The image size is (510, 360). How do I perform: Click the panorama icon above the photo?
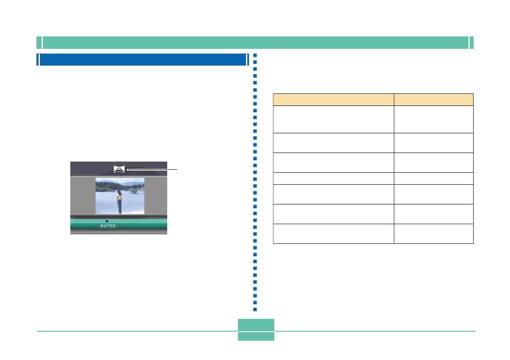coord(120,169)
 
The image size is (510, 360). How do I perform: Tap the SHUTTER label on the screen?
coord(108,226)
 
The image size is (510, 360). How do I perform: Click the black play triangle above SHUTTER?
coord(107,221)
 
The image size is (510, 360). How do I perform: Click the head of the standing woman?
coord(120,193)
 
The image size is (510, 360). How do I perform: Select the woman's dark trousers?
coord(120,207)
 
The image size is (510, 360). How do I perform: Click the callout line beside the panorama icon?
coord(152,169)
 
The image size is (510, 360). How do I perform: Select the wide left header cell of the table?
coord(333,99)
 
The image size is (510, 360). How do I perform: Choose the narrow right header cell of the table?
coord(433,99)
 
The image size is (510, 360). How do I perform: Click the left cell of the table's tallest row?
coord(333,119)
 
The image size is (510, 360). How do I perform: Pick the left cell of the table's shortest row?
coord(333,178)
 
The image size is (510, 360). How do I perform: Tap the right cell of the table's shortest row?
coord(433,178)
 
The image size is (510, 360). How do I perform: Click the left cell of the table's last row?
coord(333,234)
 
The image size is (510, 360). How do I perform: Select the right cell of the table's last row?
coord(433,234)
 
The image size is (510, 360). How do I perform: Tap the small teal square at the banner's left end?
coord(39,43)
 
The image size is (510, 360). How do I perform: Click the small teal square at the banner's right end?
coord(471,43)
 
